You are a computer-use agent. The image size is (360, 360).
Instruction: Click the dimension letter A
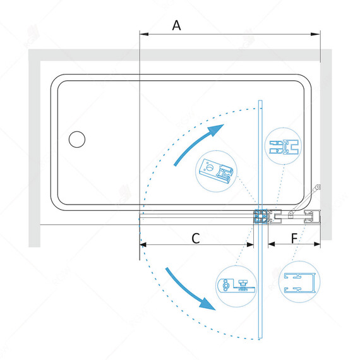[176, 25]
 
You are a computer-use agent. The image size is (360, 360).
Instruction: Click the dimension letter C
[196, 238]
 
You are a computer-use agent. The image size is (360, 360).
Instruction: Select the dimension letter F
[294, 238]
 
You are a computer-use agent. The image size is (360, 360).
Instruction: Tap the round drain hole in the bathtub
[77, 139]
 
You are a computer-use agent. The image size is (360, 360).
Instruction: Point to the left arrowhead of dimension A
[144, 34]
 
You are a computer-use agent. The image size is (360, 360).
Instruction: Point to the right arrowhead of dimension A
[316, 34]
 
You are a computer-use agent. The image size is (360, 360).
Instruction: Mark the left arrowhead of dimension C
[143, 245]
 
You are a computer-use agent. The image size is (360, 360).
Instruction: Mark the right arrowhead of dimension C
[250, 245]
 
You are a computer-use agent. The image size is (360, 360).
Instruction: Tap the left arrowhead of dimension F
[272, 244]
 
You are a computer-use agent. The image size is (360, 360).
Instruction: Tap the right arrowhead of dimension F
[317, 244]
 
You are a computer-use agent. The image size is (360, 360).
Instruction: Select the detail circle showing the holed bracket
[216, 171]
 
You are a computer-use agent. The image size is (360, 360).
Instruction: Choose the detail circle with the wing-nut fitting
[236, 286]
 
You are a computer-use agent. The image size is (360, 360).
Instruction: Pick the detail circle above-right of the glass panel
[284, 147]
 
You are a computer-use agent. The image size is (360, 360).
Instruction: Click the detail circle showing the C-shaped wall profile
[299, 282]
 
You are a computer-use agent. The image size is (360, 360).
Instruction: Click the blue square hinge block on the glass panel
[261, 216]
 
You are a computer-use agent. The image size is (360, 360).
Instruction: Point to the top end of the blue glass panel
[260, 100]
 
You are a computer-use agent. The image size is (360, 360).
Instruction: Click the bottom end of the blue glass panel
[260, 338]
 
